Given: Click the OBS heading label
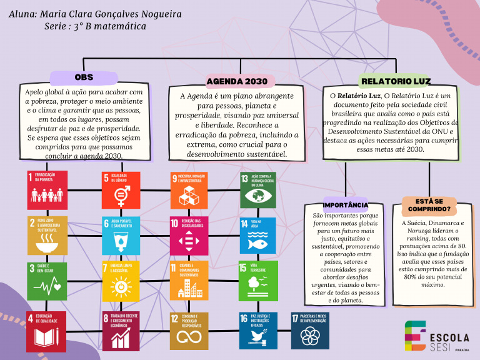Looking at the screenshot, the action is tap(84, 77).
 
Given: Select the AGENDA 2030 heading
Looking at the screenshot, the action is tap(237, 81).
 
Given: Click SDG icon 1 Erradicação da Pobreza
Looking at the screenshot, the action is tap(47, 190).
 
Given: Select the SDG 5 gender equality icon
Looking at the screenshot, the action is tap(121, 190).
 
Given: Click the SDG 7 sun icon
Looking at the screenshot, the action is tap(121, 281).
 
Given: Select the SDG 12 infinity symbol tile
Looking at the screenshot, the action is tap(189, 330).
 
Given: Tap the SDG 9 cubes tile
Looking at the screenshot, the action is tap(189, 190).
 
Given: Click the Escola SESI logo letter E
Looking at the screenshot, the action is tap(415, 336).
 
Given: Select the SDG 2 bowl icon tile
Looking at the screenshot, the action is tap(47, 236).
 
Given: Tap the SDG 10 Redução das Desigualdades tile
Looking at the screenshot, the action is tap(189, 236).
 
